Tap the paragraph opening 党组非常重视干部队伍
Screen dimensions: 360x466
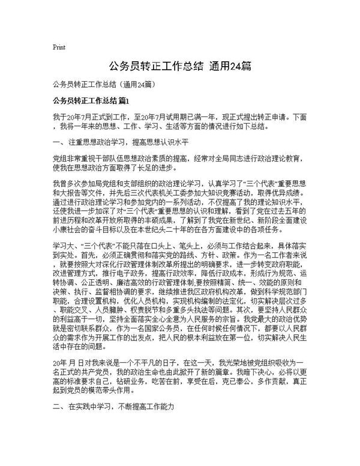(x=180, y=163)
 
